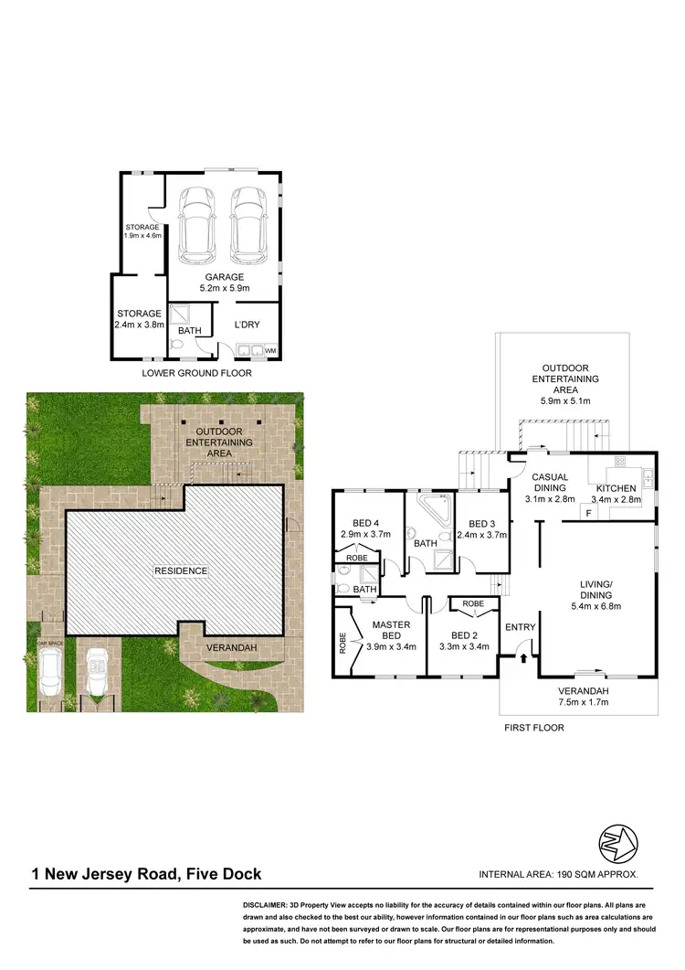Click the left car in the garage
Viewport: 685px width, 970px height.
[196, 224]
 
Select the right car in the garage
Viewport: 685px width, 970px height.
[248, 224]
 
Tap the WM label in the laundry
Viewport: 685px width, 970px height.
[270, 350]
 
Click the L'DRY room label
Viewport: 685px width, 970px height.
[248, 325]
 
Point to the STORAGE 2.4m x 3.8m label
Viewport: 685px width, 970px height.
[139, 319]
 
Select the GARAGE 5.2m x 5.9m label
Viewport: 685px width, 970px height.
[224, 282]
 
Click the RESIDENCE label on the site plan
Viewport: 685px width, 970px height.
[181, 571]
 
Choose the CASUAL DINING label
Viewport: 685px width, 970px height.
[551, 483]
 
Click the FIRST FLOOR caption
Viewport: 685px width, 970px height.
[534, 729]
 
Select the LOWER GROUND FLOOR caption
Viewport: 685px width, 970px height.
[196, 373]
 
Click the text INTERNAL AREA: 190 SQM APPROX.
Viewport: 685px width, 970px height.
[558, 875]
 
